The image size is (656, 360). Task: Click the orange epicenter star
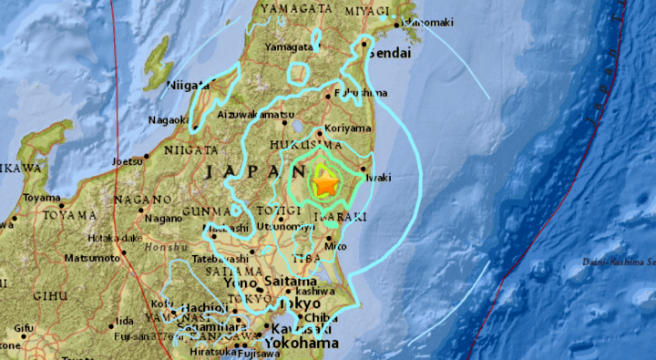(x=324, y=185)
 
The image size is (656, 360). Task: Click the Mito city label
(x=337, y=246)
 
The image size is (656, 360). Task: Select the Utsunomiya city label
(x=278, y=224)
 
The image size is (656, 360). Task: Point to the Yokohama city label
(x=302, y=344)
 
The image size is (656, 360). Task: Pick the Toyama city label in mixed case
(x=42, y=198)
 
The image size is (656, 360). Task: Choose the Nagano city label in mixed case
(x=163, y=218)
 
